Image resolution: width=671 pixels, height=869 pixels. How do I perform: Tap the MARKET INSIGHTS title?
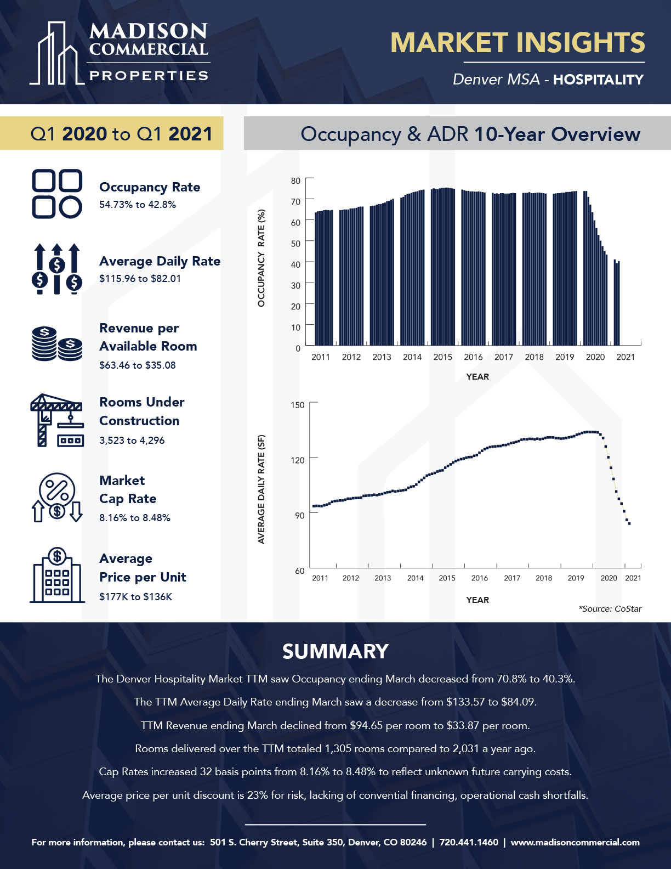click(x=517, y=43)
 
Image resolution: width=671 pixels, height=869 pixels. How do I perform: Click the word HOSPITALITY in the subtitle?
click(x=598, y=80)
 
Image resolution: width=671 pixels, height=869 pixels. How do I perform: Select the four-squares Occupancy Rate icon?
click(x=57, y=194)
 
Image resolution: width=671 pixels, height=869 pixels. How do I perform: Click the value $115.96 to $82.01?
click(x=140, y=279)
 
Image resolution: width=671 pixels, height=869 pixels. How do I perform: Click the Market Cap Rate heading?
click(x=127, y=489)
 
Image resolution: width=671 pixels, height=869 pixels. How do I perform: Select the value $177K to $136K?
click(x=135, y=597)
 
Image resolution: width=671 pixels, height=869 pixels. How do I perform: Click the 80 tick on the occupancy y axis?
click(x=295, y=180)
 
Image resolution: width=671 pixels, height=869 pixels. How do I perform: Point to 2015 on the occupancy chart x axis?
click(x=442, y=357)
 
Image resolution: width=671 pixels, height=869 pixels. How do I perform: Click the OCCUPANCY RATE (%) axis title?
click(x=261, y=258)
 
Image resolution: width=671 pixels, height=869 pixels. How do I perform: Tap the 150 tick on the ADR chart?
click(x=297, y=405)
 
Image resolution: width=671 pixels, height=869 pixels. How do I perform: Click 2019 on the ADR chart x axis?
click(x=576, y=578)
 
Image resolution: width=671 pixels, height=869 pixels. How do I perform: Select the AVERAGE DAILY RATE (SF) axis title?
click(x=261, y=489)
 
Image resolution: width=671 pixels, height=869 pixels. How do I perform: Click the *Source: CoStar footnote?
click(x=610, y=609)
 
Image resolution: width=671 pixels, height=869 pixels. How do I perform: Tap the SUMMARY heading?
click(x=335, y=652)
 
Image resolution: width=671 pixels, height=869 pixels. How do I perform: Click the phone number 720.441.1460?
click(x=469, y=842)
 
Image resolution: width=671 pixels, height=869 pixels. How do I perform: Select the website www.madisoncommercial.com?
click(x=575, y=842)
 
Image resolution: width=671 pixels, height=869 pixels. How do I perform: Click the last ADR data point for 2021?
click(x=629, y=523)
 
